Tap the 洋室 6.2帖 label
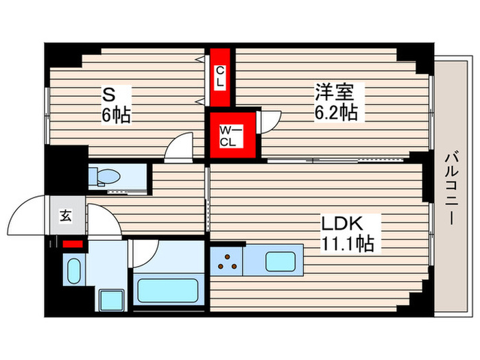(335, 101)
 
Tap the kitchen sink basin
(280, 261)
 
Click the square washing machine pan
(108, 300)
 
